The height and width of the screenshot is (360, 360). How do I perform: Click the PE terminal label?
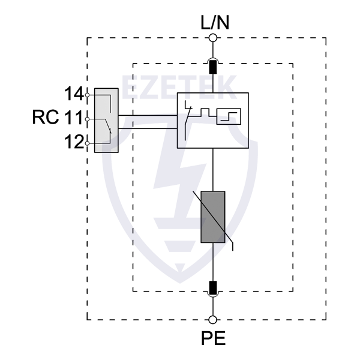213,338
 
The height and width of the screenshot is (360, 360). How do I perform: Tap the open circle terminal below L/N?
212,38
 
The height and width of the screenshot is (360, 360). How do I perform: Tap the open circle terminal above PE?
212,320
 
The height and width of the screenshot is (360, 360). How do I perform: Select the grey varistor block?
212,217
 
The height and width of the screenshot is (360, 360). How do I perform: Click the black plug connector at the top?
212,65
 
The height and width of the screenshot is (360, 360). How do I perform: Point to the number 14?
74,94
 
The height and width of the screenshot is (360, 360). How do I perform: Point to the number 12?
74,143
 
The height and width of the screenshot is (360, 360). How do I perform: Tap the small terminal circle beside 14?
88,95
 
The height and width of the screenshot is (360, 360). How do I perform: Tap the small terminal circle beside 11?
88,119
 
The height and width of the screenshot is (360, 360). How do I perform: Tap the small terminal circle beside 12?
88,143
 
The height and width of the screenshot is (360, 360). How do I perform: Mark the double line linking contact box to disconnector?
148,122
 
